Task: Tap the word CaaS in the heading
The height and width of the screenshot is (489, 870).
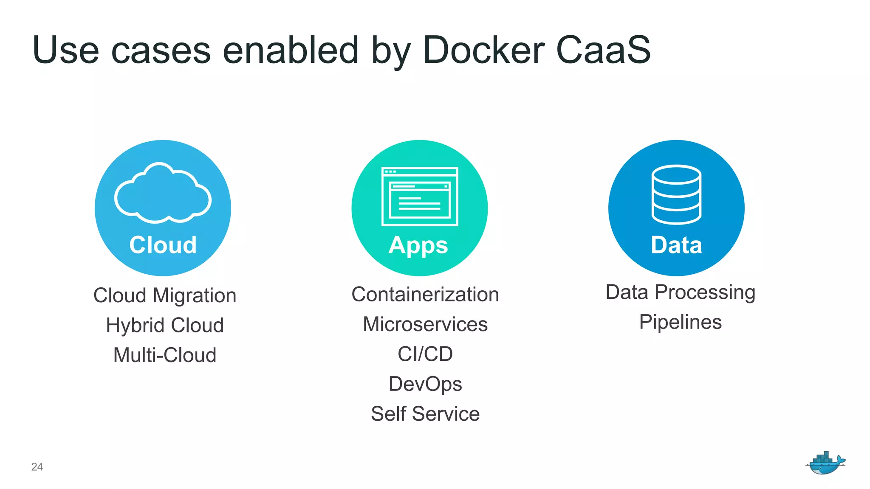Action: [x=603, y=50]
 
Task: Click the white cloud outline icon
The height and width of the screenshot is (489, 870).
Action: [x=163, y=194]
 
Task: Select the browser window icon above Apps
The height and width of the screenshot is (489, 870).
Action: [x=420, y=196]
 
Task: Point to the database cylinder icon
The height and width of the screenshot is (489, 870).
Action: [x=676, y=194]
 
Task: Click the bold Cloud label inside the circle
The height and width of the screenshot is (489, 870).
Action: [x=163, y=245]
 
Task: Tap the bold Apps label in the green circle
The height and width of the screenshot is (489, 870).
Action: [x=418, y=246]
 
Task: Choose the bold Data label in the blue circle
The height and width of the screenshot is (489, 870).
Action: [x=676, y=245]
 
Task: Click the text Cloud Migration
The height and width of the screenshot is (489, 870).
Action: [x=165, y=295]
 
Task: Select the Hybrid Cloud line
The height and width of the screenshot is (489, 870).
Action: [x=165, y=326]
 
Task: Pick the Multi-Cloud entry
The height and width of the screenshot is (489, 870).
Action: [x=165, y=355]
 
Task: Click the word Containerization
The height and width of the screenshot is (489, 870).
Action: [x=425, y=295]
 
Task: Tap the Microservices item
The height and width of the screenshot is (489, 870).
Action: [x=425, y=324]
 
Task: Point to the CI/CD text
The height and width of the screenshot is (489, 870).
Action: [x=425, y=354]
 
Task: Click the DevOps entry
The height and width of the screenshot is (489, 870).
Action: [x=425, y=384]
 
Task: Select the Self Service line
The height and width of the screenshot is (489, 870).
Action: [x=425, y=414]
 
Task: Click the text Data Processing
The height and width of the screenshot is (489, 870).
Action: [x=681, y=292]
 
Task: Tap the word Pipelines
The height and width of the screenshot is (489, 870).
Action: [x=681, y=322]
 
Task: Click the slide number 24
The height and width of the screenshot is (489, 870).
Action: [x=37, y=467]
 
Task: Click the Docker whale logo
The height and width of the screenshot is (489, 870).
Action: [x=825, y=463]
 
